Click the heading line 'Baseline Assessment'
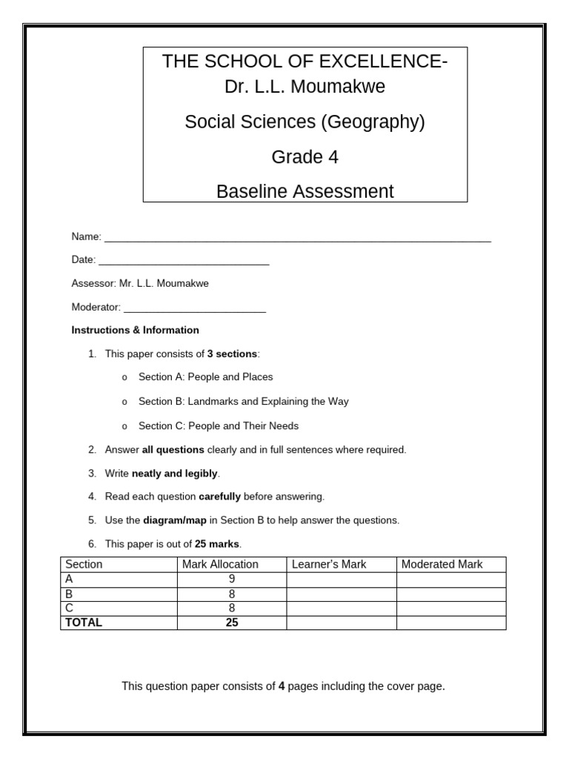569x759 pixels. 305,191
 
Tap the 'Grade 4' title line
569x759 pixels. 305,157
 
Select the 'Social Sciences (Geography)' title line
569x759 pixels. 305,122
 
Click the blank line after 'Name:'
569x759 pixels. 297,238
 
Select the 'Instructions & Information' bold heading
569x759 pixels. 135,330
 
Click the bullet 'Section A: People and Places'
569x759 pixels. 205,377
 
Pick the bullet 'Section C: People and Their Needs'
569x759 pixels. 219,426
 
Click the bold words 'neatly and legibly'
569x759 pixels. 175,474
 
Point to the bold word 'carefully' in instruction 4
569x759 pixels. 220,497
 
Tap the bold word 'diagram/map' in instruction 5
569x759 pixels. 175,520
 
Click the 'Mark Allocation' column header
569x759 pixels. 220,564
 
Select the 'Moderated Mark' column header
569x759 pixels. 442,564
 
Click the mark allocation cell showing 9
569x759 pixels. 232,579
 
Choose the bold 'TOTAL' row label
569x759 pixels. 84,623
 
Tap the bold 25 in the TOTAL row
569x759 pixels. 232,623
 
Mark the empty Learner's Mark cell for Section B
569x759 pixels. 341,594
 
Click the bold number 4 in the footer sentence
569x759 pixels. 282,686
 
